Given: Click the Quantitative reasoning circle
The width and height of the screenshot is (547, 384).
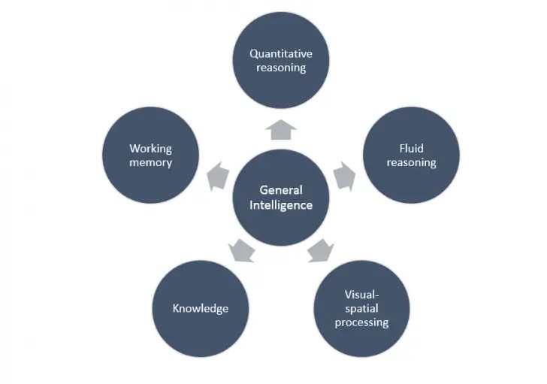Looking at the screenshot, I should pos(281,61).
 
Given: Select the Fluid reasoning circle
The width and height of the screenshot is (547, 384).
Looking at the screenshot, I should pos(411,155).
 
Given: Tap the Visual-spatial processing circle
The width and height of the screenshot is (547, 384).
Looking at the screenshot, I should pos(361,308).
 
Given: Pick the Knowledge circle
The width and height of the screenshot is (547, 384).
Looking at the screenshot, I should pos(201,308).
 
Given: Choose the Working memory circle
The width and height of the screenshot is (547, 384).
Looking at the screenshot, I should pos(151,155).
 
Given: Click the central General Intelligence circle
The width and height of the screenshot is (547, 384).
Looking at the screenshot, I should pos(281,197).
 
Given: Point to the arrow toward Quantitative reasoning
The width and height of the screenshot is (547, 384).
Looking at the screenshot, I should pos(281,130).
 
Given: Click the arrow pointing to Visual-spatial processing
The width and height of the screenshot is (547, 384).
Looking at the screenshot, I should pos(321,249).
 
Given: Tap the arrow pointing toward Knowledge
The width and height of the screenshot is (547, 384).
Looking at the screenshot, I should pos(241,249).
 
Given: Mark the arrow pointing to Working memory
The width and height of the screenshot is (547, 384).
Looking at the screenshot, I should pos(218,176).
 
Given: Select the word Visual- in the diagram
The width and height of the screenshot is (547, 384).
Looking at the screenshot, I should pos(361,294).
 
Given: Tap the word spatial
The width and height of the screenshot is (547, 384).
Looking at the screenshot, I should pos(361,308).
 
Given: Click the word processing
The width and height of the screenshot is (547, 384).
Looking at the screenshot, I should pos(361,322).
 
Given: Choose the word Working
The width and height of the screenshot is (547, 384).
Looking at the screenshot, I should pos(151,149).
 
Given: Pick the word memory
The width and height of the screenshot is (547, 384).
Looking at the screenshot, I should pos(151,162).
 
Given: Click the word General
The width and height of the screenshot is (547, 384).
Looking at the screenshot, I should pos(281,190).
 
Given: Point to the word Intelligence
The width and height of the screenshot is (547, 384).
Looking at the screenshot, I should pos(281,204).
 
